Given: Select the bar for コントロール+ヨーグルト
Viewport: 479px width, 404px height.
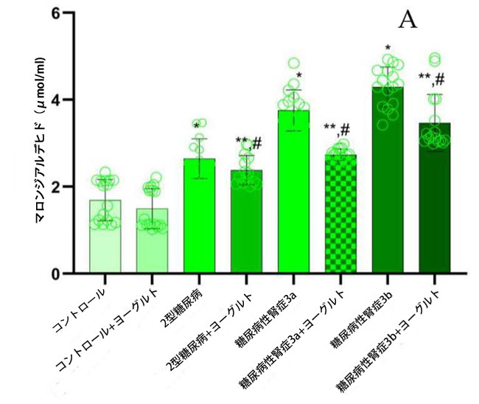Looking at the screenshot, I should (152, 243).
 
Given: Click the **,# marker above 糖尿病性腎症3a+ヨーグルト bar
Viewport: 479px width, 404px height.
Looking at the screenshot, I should (337, 130).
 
